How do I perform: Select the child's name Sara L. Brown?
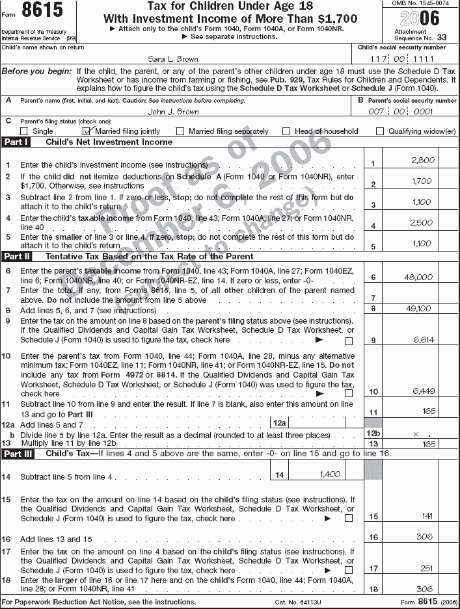pyautogui.click(x=172, y=58)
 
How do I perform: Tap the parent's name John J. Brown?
pyautogui.click(x=173, y=111)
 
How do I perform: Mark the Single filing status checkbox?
pyautogui.click(x=24, y=131)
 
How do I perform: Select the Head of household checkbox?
pyautogui.click(x=286, y=131)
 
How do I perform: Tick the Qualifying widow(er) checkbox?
pyautogui.click(x=380, y=131)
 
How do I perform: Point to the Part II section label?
pyautogui.click(x=17, y=256)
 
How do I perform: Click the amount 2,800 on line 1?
pyautogui.click(x=422, y=160)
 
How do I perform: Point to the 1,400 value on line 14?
pyautogui.click(x=330, y=474)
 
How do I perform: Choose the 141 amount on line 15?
pyautogui.click(x=427, y=516)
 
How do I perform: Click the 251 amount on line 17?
pyautogui.click(x=427, y=568)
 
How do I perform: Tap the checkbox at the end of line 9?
pyautogui.click(x=349, y=341)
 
